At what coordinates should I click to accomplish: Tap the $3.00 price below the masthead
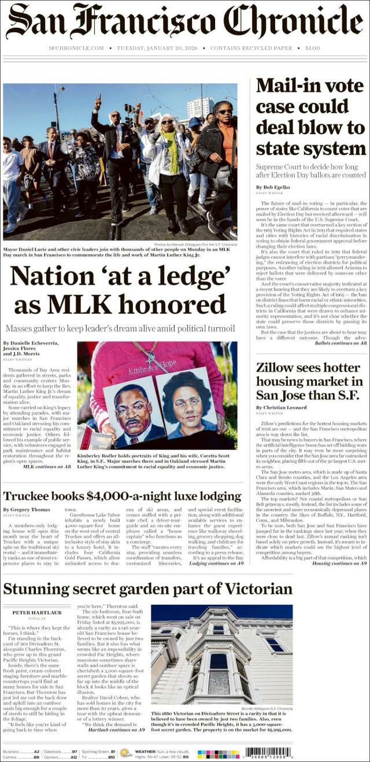pyautogui.click(x=313, y=48)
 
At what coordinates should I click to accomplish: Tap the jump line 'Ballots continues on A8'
pyautogui.click(x=341, y=343)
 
